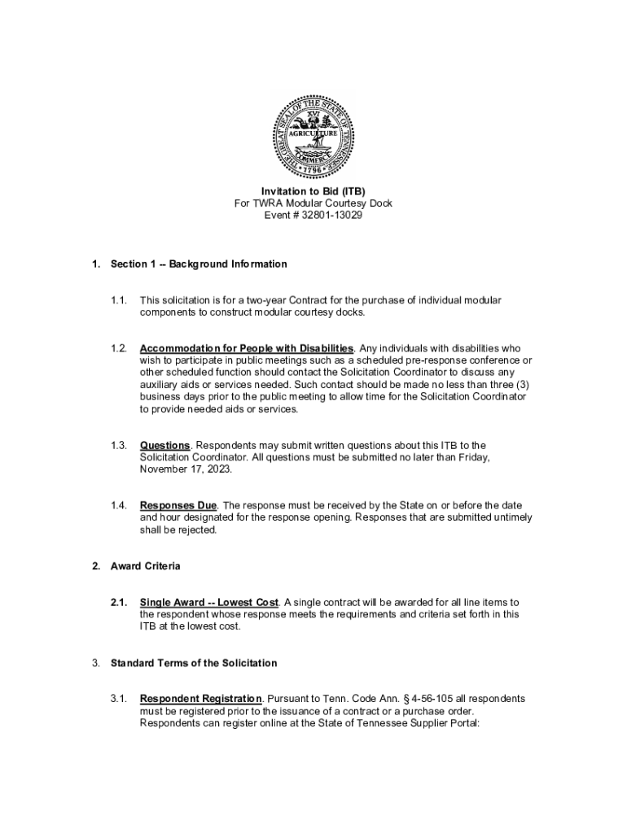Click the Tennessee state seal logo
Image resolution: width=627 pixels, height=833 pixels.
313,136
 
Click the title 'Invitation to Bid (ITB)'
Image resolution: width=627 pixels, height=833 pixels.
313,191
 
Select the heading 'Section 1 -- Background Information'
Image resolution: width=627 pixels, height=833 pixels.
199,264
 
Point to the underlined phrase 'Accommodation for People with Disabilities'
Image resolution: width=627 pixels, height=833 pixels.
247,349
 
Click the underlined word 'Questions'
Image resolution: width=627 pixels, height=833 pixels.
165,446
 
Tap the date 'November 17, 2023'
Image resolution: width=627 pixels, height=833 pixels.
186,469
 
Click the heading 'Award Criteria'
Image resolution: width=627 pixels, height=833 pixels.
146,566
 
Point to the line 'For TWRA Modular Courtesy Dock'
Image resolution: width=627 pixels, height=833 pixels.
313,203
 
